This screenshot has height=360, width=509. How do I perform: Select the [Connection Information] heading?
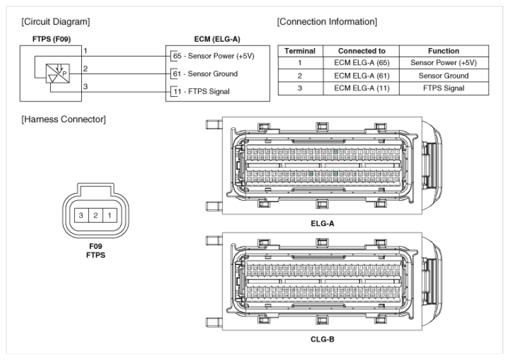point(327,21)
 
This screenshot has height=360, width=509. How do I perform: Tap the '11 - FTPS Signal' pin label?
point(201,91)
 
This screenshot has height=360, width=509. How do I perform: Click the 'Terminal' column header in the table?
point(301,51)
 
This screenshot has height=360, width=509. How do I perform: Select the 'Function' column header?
point(444,51)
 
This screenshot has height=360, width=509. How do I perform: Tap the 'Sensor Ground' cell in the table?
point(444,75)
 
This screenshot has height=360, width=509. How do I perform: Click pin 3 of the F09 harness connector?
point(81,214)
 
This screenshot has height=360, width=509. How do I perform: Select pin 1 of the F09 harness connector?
point(111,214)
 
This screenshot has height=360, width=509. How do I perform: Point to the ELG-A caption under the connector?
point(322,223)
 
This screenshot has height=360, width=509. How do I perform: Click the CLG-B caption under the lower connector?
point(322,338)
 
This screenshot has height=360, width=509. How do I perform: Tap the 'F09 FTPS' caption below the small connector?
point(96,251)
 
